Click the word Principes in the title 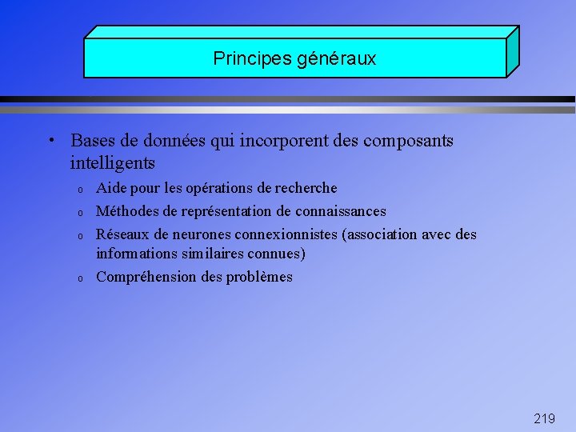[x=242, y=59]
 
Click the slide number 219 [x=544, y=418]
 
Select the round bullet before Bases [x=50, y=142]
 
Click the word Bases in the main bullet [x=93, y=141]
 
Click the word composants [x=408, y=142]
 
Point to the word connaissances [x=341, y=211]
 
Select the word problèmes [x=261, y=277]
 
